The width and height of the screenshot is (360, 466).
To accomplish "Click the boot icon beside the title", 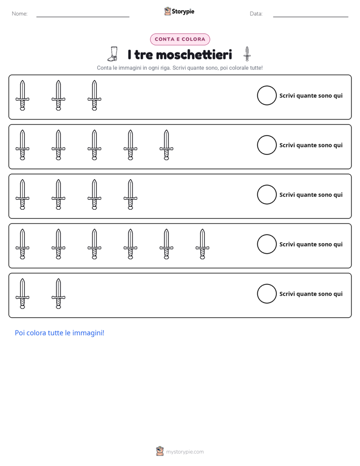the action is click(x=113, y=54).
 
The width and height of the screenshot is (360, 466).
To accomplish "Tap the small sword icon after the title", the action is click(x=247, y=54).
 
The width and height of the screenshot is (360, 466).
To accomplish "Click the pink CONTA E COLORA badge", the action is click(x=180, y=39).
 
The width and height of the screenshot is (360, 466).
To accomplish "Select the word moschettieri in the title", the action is click(x=194, y=54).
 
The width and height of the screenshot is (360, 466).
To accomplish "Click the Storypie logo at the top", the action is click(x=179, y=11).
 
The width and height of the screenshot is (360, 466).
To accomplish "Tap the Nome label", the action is click(x=20, y=14).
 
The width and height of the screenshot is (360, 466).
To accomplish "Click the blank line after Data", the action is click(x=311, y=17).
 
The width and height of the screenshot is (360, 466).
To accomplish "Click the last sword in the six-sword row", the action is click(x=202, y=244).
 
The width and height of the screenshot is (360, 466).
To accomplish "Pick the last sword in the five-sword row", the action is click(x=166, y=145).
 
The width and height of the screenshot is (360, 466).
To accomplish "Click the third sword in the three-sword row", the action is click(x=94, y=95).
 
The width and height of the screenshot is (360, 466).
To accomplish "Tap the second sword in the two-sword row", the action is click(x=58, y=294).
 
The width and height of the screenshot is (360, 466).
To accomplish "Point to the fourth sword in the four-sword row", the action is click(x=131, y=195).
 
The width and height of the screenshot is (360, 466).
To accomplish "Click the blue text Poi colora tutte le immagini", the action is click(x=59, y=333).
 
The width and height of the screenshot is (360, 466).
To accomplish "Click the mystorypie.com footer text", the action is click(x=185, y=452).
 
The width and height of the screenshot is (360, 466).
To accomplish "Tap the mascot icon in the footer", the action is click(x=160, y=451).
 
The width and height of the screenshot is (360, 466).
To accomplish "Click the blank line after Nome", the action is click(x=83, y=17).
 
